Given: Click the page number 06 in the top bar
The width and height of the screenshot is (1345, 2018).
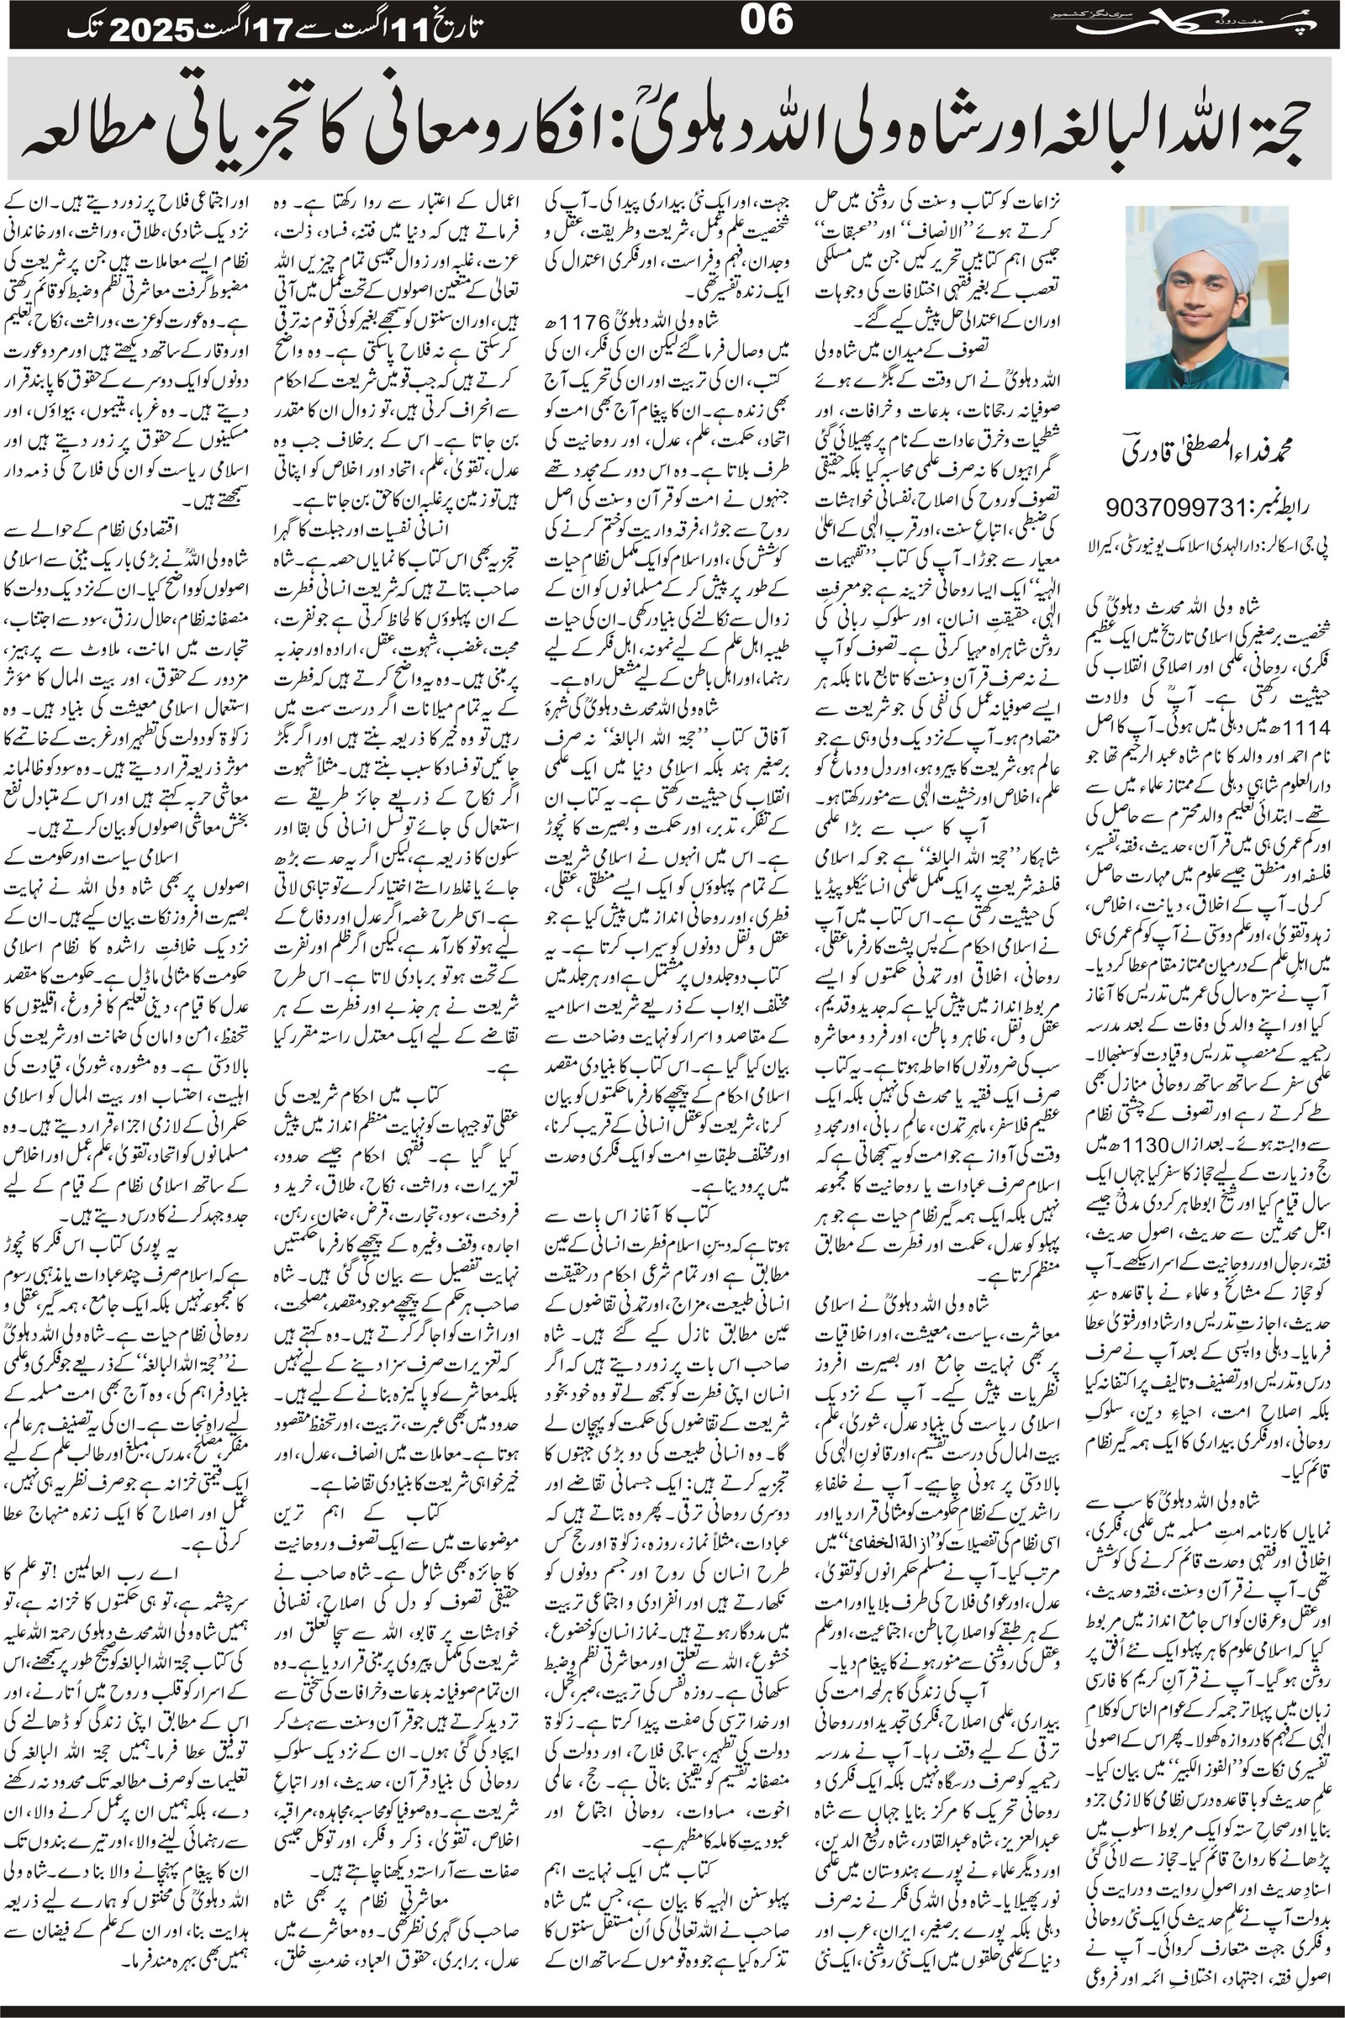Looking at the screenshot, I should pos(766,22).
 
